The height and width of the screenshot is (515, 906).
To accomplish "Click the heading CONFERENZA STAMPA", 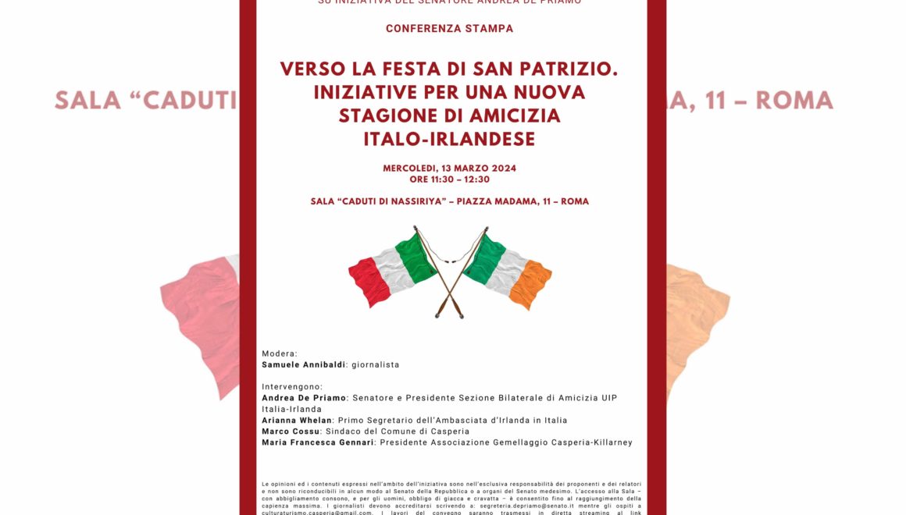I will (449, 29).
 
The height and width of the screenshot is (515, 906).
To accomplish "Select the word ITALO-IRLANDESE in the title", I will (449, 139).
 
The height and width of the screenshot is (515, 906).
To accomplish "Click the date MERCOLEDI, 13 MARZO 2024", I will (449, 169).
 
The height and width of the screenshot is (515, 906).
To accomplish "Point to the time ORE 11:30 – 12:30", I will (449, 179).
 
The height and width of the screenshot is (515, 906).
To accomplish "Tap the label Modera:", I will (280, 353).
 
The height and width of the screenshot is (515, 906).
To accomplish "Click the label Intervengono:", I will (292, 387).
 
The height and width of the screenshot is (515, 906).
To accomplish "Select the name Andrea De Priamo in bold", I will (303, 398).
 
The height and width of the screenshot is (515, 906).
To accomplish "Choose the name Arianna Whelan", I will (297, 421).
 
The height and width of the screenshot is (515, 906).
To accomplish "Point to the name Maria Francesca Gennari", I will (318, 442).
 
